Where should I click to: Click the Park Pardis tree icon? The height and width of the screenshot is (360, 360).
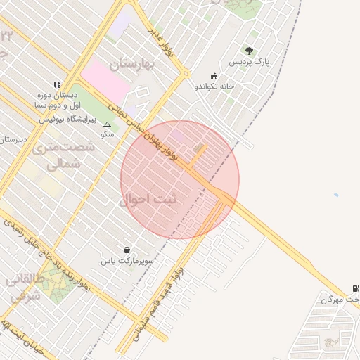[x=249, y=50]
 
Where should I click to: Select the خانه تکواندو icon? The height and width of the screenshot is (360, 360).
[x=214, y=76]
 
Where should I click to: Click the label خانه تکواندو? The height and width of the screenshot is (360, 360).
[x=214, y=86]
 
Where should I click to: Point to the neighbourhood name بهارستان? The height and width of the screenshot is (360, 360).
[x=136, y=63]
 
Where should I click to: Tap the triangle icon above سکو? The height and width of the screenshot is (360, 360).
[x=107, y=124]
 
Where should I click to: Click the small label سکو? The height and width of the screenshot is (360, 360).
[x=107, y=134]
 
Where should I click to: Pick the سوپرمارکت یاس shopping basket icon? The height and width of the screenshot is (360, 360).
[x=127, y=250]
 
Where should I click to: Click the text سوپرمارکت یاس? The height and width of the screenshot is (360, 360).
[x=127, y=261]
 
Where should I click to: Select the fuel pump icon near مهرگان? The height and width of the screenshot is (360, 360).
[x=355, y=288]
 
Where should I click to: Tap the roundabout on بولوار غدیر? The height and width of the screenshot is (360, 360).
[x=186, y=73]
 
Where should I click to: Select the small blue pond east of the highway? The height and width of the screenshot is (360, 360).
[x=336, y=195]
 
